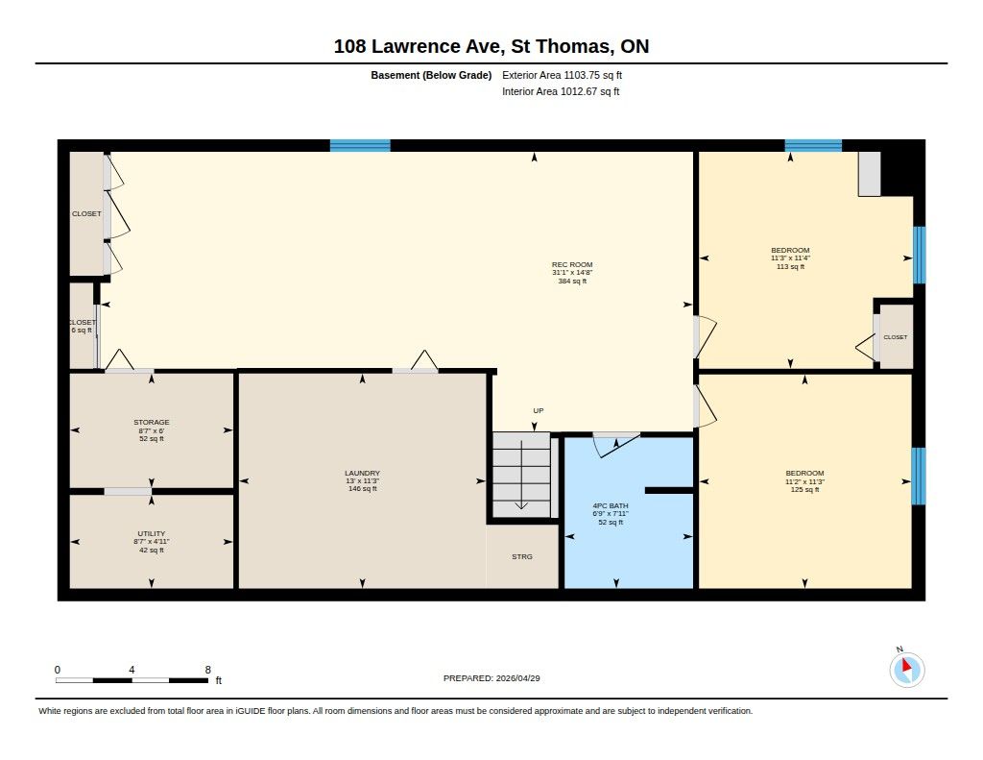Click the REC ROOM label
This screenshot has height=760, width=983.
(572, 273)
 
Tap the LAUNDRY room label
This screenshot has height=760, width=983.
(362, 480)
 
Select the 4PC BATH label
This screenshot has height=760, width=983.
(611, 513)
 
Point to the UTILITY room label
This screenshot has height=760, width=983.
(151, 542)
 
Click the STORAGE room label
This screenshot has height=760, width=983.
(151, 430)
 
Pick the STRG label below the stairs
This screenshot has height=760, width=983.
(521, 556)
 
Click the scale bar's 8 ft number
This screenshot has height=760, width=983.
(208, 670)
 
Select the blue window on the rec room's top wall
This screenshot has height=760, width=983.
(360, 146)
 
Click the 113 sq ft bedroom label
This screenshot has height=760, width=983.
(790, 257)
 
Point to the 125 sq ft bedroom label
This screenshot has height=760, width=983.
(805, 481)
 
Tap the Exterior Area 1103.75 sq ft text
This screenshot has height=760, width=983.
(562, 75)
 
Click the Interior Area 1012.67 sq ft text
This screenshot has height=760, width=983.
(561, 91)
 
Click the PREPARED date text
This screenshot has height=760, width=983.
(491, 678)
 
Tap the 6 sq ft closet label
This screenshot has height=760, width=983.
(82, 327)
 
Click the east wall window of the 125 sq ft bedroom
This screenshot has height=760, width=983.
(919, 476)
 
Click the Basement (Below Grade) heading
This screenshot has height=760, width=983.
(431, 75)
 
